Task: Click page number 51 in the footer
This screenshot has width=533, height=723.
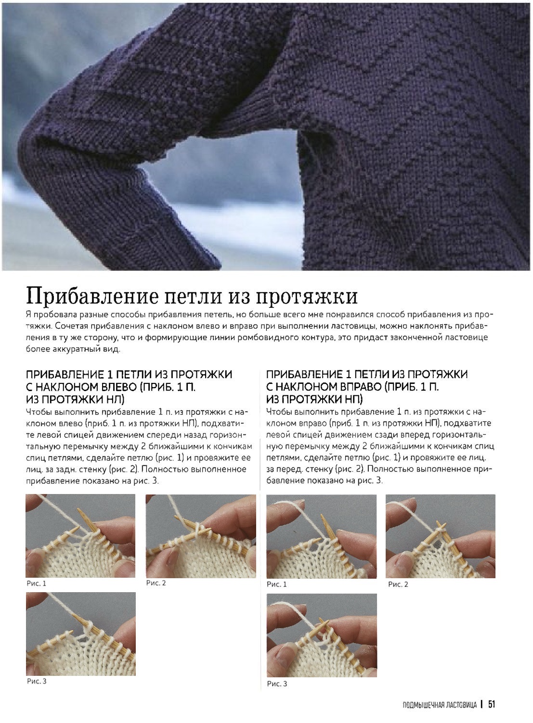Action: tap(491, 704)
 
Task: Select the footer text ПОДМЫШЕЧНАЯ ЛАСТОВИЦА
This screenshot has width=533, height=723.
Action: tap(439, 704)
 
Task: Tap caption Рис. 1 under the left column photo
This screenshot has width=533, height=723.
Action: tap(37, 583)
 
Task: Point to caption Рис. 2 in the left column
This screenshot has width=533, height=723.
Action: tap(156, 583)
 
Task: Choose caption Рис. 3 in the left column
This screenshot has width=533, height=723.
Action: tap(37, 681)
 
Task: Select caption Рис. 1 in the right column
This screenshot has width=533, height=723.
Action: tap(277, 584)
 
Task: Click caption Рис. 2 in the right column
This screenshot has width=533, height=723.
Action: tap(398, 584)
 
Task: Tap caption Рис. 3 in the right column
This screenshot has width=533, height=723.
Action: tap(277, 683)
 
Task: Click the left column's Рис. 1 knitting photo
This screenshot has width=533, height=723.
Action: tap(80, 536)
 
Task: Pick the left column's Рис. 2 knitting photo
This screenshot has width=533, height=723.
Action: tap(201, 536)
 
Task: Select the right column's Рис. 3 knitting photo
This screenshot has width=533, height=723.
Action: tap(322, 635)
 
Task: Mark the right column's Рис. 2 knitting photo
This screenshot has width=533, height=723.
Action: tap(440, 536)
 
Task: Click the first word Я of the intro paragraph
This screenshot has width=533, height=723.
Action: tap(28, 315)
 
